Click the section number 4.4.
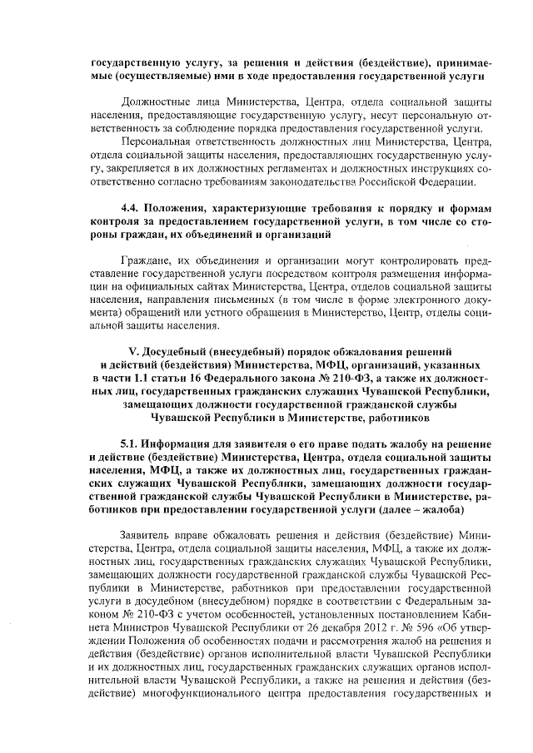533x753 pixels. [132, 207]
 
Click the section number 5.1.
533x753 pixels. [132, 442]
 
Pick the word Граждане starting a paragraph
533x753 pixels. [144, 260]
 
